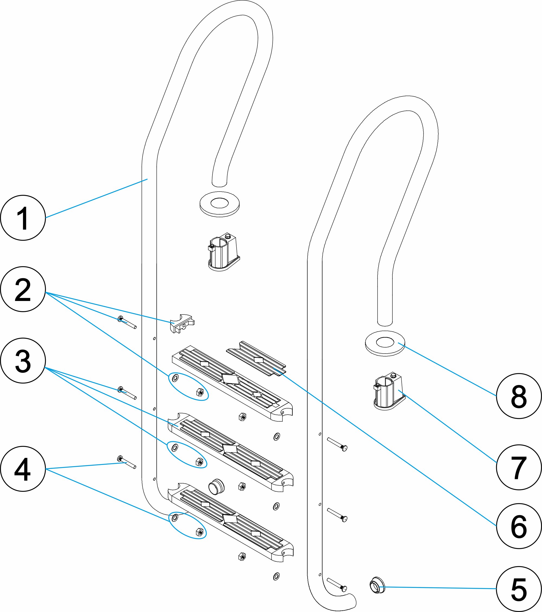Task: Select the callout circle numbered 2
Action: pyautogui.click(x=23, y=289)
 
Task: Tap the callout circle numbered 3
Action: pyautogui.click(x=23, y=361)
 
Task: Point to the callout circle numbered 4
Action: pyautogui.click(x=23, y=469)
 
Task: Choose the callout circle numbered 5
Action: pyautogui.click(x=519, y=589)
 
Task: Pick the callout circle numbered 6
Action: pyautogui.click(x=519, y=526)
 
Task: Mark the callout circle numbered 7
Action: pyautogui.click(x=519, y=467)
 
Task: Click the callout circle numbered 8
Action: pyautogui.click(x=519, y=396)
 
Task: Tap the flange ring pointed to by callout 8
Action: pyautogui.click(x=385, y=343)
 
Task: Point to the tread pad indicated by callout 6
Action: pyautogui.click(x=256, y=359)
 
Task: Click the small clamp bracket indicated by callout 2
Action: pyautogui.click(x=182, y=324)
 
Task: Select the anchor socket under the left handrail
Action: pyautogui.click(x=223, y=253)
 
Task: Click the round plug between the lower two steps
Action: pyautogui.click(x=216, y=486)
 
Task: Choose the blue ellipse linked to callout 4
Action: pyautogui.click(x=188, y=526)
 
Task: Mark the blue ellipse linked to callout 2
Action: pyautogui.click(x=189, y=387)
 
